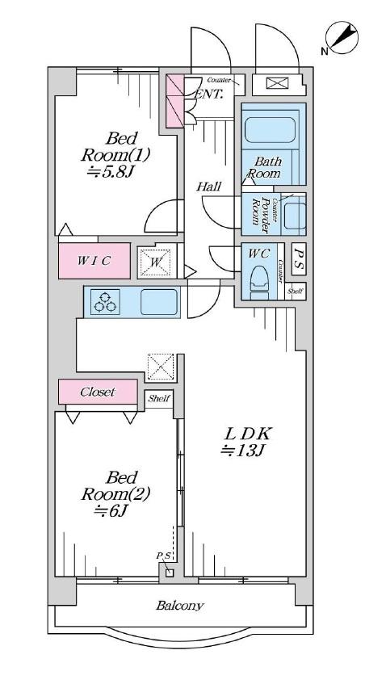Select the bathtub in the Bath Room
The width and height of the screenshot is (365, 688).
(x=269, y=129)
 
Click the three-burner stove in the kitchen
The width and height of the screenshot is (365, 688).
(x=105, y=302)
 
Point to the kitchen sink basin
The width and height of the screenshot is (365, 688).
(x=159, y=302)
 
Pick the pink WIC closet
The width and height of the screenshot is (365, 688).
(x=94, y=261)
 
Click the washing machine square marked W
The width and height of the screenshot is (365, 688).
(x=155, y=262)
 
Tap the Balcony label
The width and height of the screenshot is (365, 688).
(x=180, y=606)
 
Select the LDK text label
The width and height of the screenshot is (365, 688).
(x=248, y=434)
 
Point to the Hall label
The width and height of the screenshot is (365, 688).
(x=208, y=187)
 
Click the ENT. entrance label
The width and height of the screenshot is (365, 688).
(x=209, y=94)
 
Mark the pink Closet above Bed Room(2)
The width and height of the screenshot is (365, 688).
(x=98, y=392)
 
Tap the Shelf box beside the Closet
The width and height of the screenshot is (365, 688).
(x=159, y=399)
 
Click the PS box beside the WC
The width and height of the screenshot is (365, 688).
(x=299, y=259)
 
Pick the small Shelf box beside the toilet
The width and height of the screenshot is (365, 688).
(x=296, y=291)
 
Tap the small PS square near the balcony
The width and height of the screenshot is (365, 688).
(x=170, y=573)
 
